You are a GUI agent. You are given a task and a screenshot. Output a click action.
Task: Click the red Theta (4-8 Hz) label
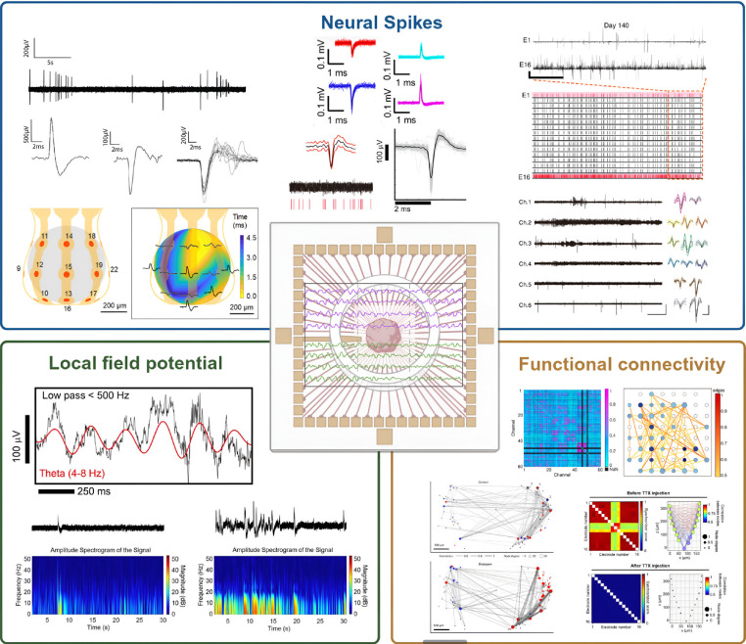coord(80,473)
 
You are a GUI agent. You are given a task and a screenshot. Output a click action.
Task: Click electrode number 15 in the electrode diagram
coord(68,267)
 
